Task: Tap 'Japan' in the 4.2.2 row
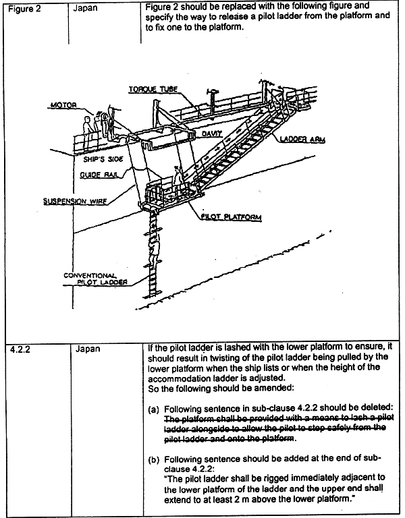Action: click(88, 349)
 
